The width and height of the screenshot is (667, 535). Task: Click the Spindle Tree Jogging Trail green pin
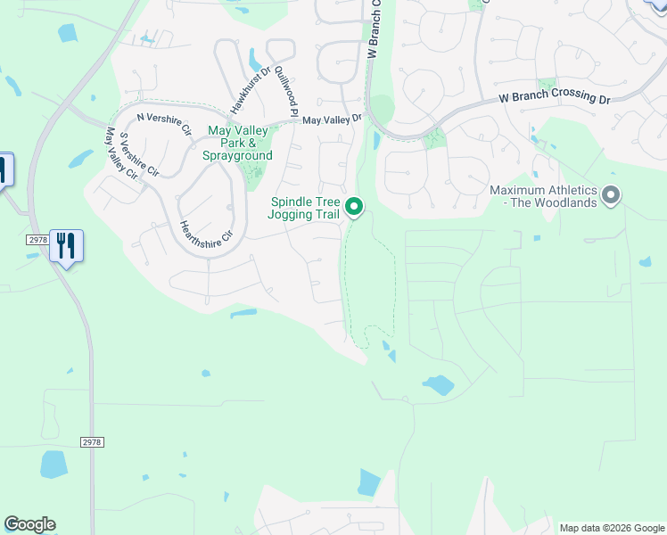pos(354,207)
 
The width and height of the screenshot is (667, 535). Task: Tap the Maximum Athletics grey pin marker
pos(611,194)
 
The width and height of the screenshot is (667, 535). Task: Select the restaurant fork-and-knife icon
pos(66,245)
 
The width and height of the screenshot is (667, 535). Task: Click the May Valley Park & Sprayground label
pos(239,142)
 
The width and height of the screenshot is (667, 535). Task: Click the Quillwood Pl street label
pos(285,90)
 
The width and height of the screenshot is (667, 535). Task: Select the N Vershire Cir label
pos(164,124)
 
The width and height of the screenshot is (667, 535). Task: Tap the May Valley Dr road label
pos(332,119)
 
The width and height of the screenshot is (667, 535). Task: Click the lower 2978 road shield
pos(92,441)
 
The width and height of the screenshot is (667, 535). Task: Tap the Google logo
pos(29,524)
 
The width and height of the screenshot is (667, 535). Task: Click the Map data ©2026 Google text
pos(612,528)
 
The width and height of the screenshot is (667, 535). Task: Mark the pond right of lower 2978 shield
pos(53,464)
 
